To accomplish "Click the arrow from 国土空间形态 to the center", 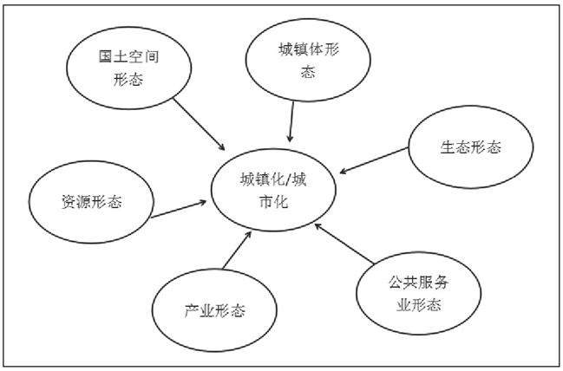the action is tap(200, 124).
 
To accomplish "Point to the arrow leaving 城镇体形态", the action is tap(291, 121).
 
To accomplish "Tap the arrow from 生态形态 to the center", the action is tap(374, 160).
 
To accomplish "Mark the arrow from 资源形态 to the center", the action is tap(179, 210).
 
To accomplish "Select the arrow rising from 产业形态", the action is tap(237, 251).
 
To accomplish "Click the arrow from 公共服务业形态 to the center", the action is tap(344, 244).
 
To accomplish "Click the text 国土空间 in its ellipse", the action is tap(128, 56).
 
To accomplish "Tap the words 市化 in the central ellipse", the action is tap(273, 202).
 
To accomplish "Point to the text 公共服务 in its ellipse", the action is tap(419, 283).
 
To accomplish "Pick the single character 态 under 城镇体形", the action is tap(308, 72).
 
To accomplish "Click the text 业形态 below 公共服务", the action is tap(419, 305).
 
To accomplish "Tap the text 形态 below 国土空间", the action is tap(128, 79).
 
